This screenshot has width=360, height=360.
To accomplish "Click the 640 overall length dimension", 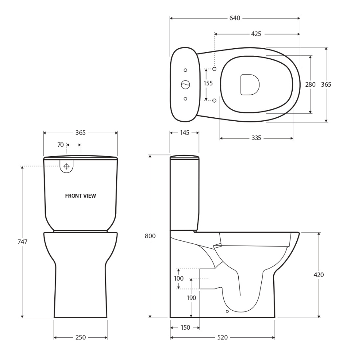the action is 235,18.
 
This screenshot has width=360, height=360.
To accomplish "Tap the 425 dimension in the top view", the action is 256,34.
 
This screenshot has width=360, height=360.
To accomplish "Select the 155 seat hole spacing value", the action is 208,83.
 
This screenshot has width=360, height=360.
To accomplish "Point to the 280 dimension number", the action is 310,85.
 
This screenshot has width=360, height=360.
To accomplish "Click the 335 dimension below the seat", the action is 256,138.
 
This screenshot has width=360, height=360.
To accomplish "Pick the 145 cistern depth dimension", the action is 185,133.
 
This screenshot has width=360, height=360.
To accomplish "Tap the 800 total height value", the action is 150,236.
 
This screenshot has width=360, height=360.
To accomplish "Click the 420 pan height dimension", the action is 319,275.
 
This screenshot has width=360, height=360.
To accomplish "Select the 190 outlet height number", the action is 191,298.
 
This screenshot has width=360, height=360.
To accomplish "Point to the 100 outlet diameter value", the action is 179,279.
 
